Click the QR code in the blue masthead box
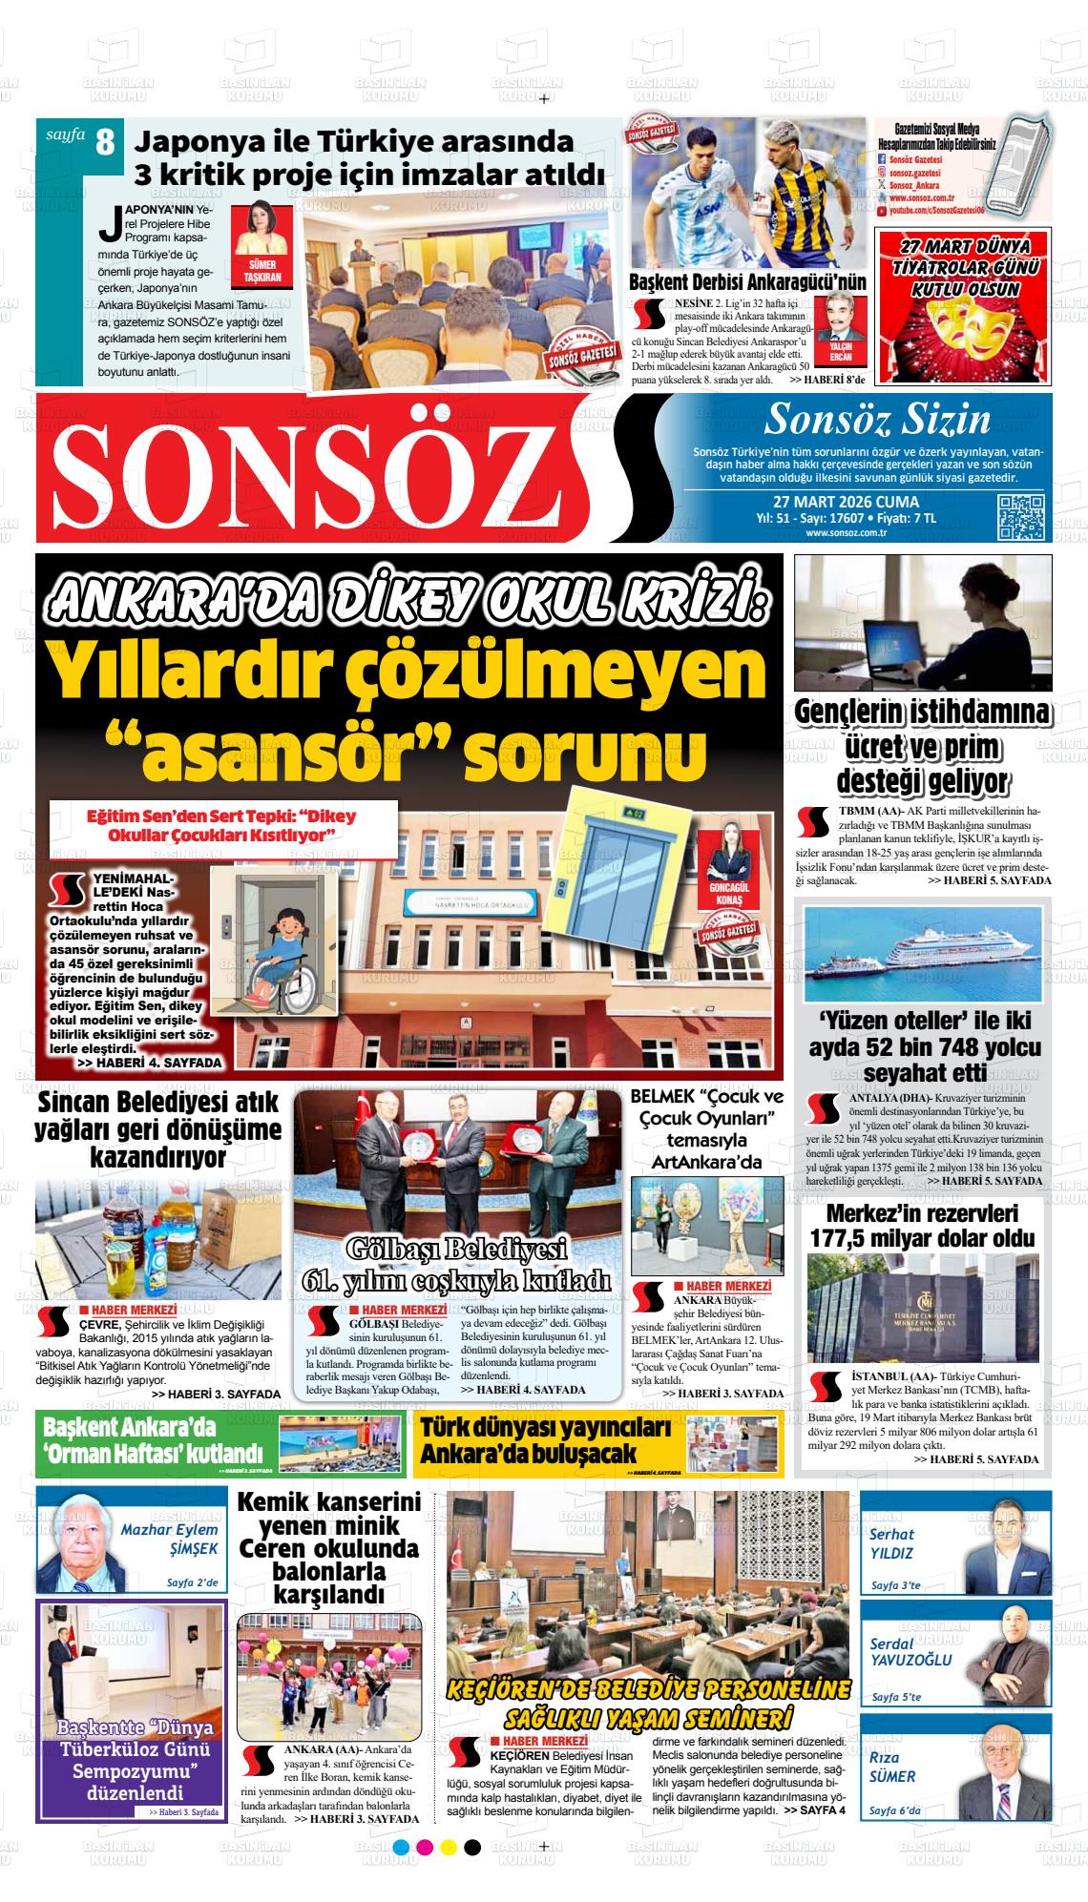1021,518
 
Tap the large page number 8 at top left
105,144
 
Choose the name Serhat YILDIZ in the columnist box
892,1543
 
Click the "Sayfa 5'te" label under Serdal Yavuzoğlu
896,1697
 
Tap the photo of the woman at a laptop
922,624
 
